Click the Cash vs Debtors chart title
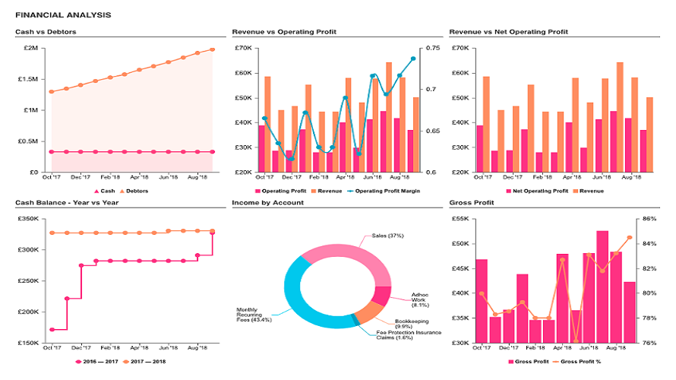[x=46, y=32]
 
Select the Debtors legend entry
[x=136, y=192]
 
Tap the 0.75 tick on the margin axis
[x=434, y=48]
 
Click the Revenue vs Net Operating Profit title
[x=508, y=32]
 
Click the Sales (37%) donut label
[x=387, y=236]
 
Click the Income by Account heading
[x=267, y=203]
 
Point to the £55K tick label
[x=460, y=219]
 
